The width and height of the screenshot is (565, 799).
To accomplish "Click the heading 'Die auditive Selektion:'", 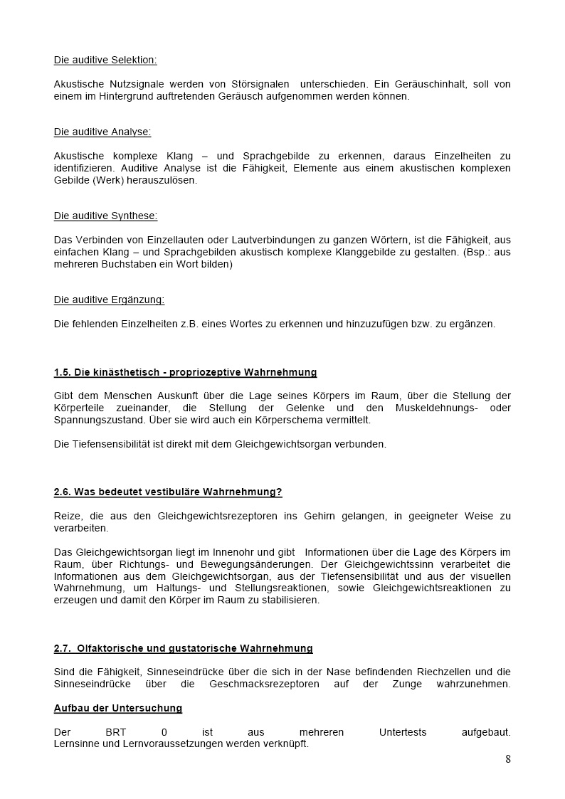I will click(105, 60).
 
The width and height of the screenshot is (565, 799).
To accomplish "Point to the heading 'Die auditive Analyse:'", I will click(102, 132).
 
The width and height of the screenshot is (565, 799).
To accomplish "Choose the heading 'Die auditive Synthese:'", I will click(106, 216).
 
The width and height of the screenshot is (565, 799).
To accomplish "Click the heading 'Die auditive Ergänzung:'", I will click(109, 300).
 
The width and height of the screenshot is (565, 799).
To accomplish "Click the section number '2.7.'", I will click(64, 648).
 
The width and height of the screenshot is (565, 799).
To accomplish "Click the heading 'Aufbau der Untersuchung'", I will click(118, 708).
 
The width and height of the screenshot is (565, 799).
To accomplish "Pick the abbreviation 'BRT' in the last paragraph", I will click(116, 732).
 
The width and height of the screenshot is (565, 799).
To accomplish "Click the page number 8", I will click(508, 758).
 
